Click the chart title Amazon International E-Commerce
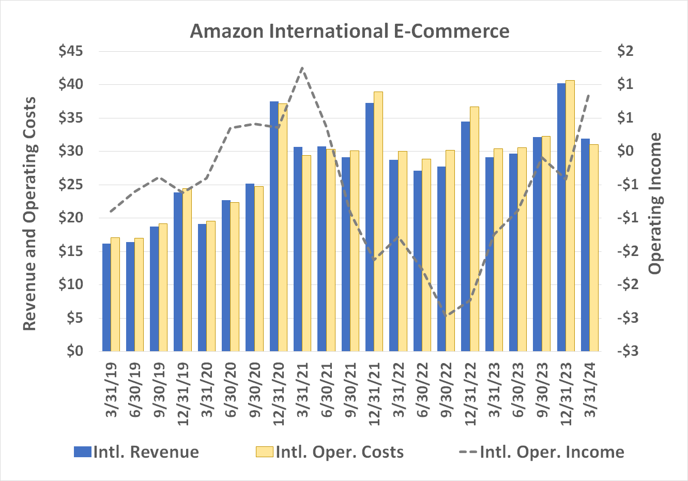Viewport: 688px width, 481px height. (x=349, y=31)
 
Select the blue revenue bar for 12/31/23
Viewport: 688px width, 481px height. (x=561, y=217)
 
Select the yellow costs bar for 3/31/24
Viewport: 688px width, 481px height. (x=594, y=248)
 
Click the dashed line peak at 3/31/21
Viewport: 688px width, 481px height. (x=302, y=68)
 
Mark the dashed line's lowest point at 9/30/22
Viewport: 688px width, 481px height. (x=446, y=315)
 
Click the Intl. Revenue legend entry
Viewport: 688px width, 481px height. (x=136, y=452)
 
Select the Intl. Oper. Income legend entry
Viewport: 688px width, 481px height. (x=542, y=452)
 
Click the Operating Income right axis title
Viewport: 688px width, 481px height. (x=655, y=203)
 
